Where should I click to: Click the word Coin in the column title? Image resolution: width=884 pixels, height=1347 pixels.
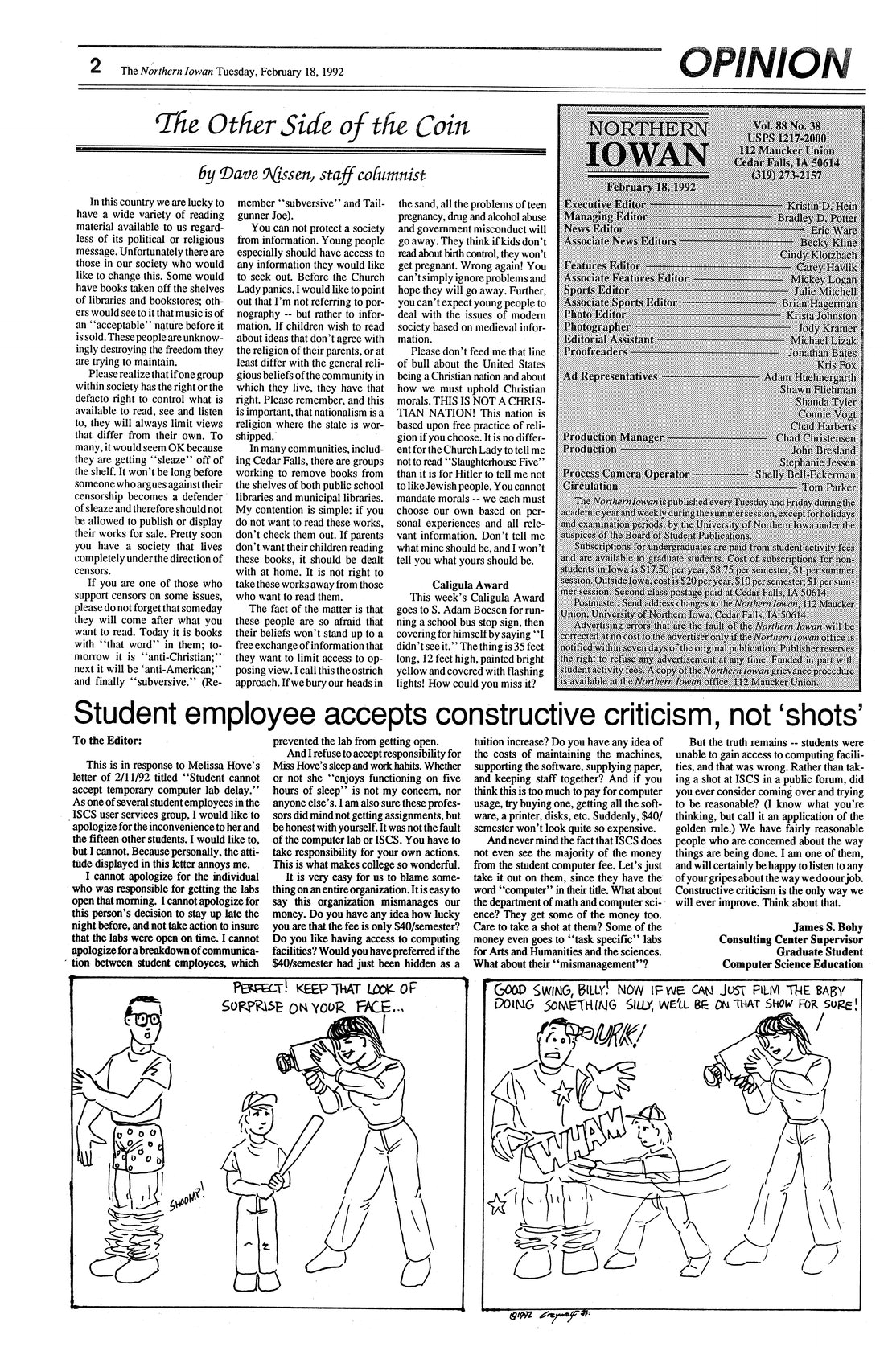pos(434,128)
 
